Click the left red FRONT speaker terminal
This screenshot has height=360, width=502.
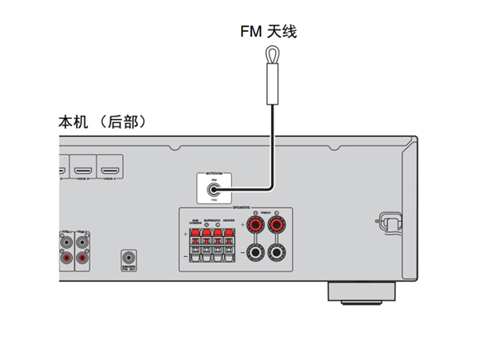tap(254, 225)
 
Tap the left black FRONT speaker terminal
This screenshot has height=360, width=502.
tap(254, 252)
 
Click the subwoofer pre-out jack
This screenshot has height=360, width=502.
tap(129, 259)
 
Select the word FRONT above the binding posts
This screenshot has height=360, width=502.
tap(266, 214)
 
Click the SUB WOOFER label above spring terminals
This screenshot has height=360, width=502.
tap(195, 221)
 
